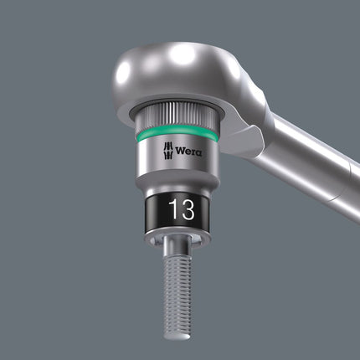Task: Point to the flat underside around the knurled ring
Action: (138, 105)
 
